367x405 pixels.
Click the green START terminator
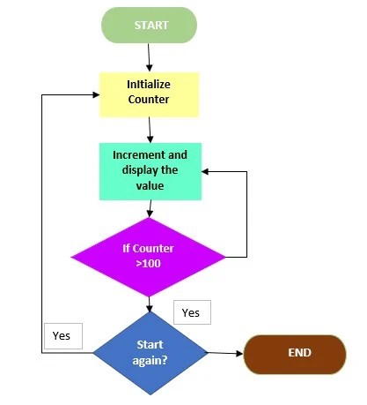(x=149, y=26)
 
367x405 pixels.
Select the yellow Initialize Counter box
(x=149, y=94)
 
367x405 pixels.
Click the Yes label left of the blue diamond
(x=62, y=336)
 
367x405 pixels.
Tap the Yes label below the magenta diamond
(x=191, y=312)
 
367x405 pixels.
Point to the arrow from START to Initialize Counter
(x=149, y=56)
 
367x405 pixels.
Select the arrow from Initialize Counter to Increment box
(x=150, y=129)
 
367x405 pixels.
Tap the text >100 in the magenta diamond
(x=148, y=263)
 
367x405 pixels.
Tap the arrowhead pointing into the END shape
(x=239, y=354)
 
